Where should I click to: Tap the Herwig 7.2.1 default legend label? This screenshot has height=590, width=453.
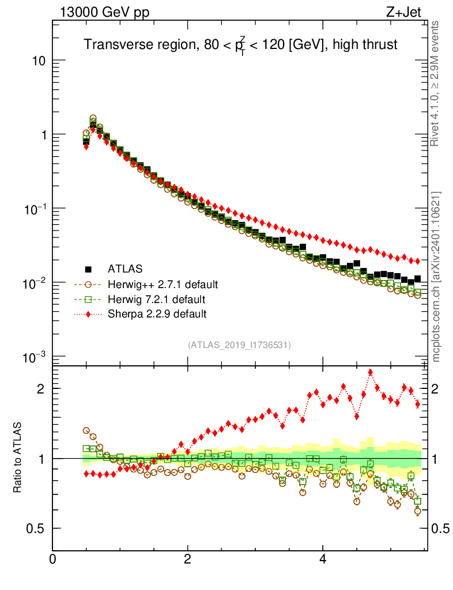pyautogui.click(x=156, y=300)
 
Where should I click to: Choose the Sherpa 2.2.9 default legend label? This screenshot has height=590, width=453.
pyautogui.click(x=157, y=314)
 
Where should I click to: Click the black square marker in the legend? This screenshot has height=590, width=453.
pyautogui.click(x=88, y=269)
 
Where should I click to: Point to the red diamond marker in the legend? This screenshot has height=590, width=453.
pyautogui.click(x=88, y=314)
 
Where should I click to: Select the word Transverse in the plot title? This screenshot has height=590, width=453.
pyautogui.click(x=111, y=45)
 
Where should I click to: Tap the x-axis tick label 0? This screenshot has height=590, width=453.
pyautogui.click(x=53, y=559)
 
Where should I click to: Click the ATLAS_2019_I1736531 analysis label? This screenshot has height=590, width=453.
pyautogui.click(x=239, y=345)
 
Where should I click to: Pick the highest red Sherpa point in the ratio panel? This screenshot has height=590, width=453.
pyautogui.click(x=370, y=372)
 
